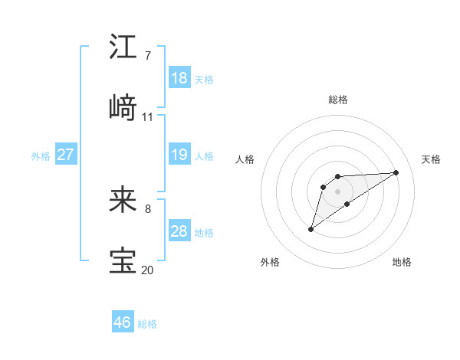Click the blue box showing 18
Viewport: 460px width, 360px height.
pyautogui.click(x=179, y=77)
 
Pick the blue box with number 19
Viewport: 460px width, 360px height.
pyautogui.click(x=179, y=155)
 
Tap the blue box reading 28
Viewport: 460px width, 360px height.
pyautogui.click(x=179, y=231)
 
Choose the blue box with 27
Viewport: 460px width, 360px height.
pyautogui.click(x=65, y=155)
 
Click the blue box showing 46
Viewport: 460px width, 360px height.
pyautogui.click(x=123, y=322)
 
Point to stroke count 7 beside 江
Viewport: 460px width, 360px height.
pyautogui.click(x=147, y=56)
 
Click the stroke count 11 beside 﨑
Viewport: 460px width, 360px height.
pyautogui.click(x=148, y=117)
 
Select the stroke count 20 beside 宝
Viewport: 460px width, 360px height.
pyautogui.click(x=148, y=270)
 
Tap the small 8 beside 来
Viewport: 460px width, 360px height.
pyautogui.click(x=147, y=208)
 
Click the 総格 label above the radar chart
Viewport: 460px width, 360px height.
pyautogui.click(x=338, y=100)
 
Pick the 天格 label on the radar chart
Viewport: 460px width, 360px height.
pyautogui.click(x=432, y=159)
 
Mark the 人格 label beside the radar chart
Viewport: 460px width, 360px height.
pyautogui.click(x=245, y=159)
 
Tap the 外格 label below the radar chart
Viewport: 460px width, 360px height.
pyautogui.click(x=270, y=262)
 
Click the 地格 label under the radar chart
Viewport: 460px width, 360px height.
pyautogui.click(x=402, y=262)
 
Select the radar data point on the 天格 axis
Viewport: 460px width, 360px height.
pyautogui.click(x=396, y=172)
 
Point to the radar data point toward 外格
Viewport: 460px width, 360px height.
pyautogui.click(x=310, y=229)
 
